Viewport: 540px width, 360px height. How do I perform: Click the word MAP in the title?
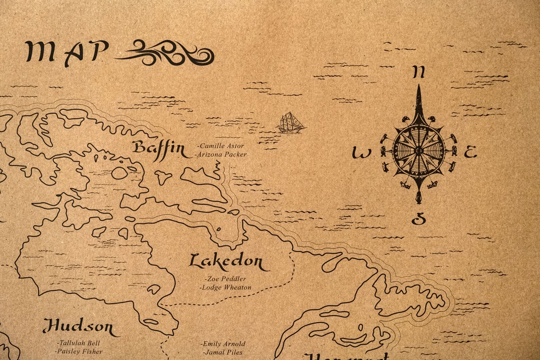pos(67,51)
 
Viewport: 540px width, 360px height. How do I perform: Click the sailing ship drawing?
pos(291,123)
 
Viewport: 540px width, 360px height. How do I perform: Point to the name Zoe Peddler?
pos(225,279)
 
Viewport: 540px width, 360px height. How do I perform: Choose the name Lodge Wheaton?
pos(225,287)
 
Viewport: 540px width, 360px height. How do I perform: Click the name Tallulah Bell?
pos(79,343)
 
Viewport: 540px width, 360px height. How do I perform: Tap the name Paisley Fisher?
pos(79,351)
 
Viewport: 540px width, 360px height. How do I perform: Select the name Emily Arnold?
pos(223,344)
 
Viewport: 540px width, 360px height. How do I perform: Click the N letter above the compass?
pos(418,72)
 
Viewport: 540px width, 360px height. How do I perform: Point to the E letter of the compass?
pos(469,153)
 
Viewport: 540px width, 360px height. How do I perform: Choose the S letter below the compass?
pos(418,219)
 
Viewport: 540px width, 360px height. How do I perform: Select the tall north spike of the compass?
pos(418,102)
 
